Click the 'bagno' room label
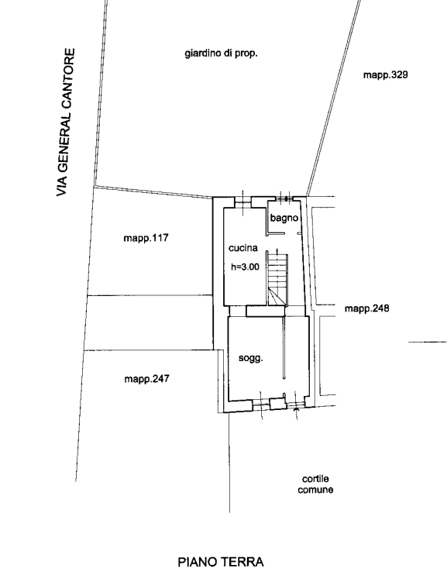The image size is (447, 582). pos(284,218)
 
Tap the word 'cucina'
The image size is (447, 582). pos(243,248)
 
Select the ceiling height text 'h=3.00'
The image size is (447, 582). pos(246,267)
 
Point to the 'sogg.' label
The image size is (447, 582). pos(251,359)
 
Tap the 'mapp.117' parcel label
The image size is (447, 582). pos(146,238)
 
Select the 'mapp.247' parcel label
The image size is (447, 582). pos(146,379)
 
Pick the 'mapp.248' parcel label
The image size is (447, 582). pos(367,308)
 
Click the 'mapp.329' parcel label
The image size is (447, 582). pos(386,75)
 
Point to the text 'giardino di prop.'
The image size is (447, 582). pos(221,53)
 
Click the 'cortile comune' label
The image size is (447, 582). pos(315,484)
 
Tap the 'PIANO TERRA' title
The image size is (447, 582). pos(221,562)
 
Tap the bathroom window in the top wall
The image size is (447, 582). pos(286,199)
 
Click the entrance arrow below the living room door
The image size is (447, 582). pos(296,410)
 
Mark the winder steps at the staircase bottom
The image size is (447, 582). pos(277,297)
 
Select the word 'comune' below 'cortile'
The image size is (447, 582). pos(315,490)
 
